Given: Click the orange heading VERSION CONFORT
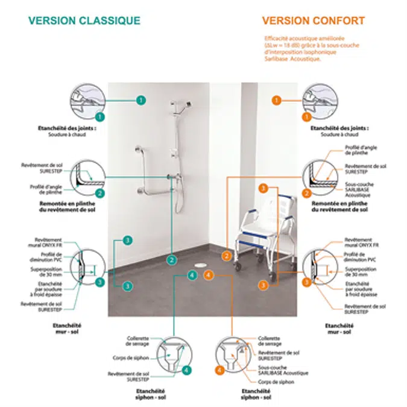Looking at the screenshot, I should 313,21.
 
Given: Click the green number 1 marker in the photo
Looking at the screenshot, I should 140,99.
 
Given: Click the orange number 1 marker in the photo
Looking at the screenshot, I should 277,99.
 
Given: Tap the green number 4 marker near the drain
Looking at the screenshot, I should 192,275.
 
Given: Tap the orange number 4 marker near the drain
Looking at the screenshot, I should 208,275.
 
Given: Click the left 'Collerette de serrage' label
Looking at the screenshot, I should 138,341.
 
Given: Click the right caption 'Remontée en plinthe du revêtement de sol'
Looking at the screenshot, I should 339,207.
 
